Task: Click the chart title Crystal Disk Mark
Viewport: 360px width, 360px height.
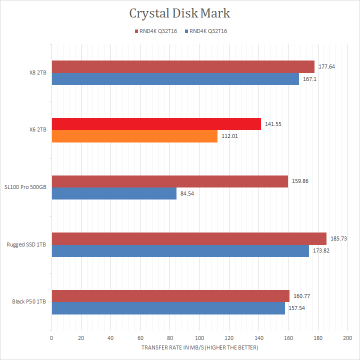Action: click(179, 12)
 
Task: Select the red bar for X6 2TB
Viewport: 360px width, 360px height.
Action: click(156, 123)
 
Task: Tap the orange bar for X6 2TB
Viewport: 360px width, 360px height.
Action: click(134, 136)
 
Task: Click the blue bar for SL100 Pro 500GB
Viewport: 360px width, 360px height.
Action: click(114, 193)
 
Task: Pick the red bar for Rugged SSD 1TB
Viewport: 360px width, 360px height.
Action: click(188, 238)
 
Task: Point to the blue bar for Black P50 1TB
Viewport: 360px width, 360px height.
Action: click(168, 308)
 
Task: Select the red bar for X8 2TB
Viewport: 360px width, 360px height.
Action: click(182, 66)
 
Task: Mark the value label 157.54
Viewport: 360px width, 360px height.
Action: click(295, 308)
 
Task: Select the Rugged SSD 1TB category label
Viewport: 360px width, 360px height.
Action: click(26, 244)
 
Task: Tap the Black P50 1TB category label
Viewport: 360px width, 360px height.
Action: click(29, 301)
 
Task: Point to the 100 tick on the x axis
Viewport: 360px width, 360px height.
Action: click(199, 338)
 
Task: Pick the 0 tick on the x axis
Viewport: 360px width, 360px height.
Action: click(51, 338)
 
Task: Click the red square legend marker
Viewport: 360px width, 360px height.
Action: click(136, 31)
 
